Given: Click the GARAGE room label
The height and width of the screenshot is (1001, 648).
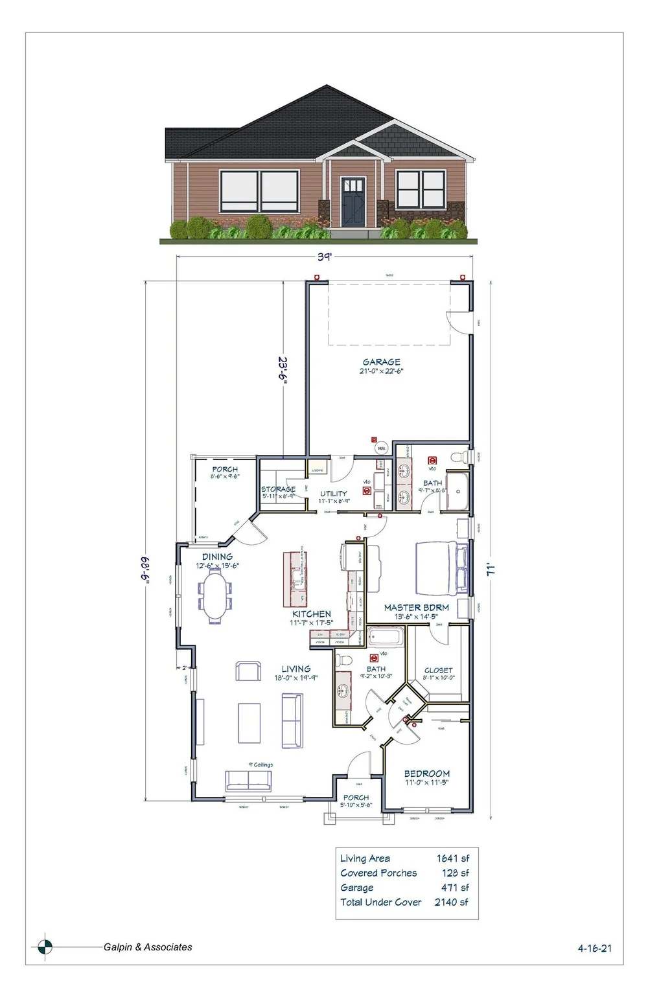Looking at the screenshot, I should (x=381, y=362).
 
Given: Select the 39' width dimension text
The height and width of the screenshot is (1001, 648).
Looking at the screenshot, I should (x=324, y=257).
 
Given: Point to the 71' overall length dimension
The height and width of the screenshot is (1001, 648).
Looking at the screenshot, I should (x=492, y=570).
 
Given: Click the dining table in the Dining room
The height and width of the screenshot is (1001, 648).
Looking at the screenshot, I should (x=216, y=599).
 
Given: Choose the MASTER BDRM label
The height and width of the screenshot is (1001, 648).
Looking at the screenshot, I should (x=416, y=608).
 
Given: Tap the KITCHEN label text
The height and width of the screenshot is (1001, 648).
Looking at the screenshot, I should (x=312, y=614).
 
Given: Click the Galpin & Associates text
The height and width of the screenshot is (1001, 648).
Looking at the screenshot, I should (x=148, y=947).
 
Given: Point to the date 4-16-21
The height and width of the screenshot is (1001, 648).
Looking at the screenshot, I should (x=594, y=948).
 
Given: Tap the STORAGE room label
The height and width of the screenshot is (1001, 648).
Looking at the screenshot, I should (x=278, y=489).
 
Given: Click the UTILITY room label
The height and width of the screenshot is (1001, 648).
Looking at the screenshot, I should (x=333, y=494).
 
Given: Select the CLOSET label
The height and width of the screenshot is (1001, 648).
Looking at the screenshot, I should (x=438, y=671).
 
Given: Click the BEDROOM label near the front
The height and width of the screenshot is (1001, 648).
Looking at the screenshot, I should (x=426, y=774).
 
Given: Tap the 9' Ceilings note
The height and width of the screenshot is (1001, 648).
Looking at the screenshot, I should (x=260, y=765).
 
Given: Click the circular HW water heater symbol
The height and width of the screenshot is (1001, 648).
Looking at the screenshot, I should (x=381, y=448).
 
